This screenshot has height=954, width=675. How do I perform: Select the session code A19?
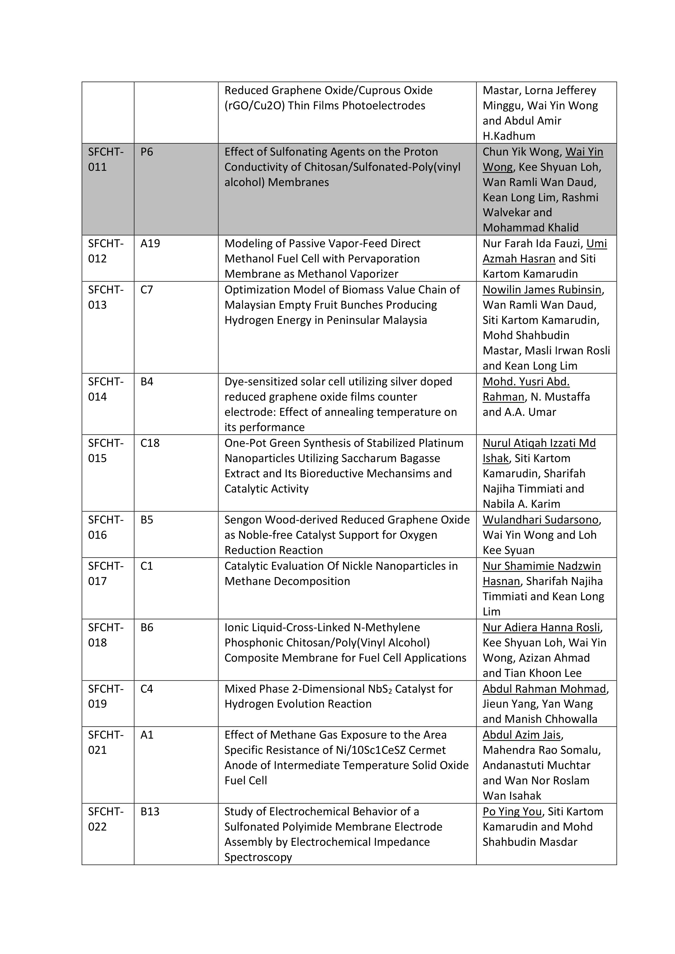click(150, 243)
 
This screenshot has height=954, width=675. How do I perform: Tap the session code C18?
click(150, 443)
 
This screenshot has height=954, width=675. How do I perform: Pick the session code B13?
click(150, 811)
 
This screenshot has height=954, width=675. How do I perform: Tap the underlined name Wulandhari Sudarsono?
click(540, 520)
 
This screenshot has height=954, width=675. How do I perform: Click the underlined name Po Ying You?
click(512, 811)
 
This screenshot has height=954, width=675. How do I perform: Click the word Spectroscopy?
click(258, 857)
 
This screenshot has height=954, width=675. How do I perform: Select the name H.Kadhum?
click(509, 136)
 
